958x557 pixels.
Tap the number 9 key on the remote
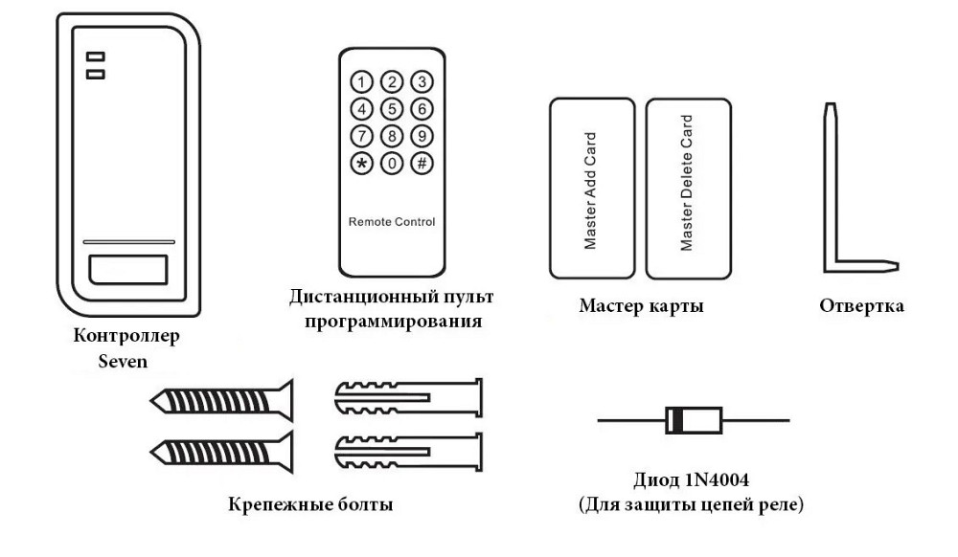pyautogui.click(x=421, y=135)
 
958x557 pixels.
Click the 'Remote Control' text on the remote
pyautogui.click(x=391, y=221)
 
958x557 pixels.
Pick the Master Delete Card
pyautogui.click(x=686, y=185)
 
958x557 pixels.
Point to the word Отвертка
pyautogui.click(x=861, y=306)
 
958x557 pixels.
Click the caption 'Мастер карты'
pyautogui.click(x=641, y=306)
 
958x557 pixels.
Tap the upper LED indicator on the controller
pyautogui.click(x=96, y=56)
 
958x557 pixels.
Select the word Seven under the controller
pyautogui.click(x=125, y=363)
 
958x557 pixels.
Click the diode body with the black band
pyautogui.click(x=693, y=419)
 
